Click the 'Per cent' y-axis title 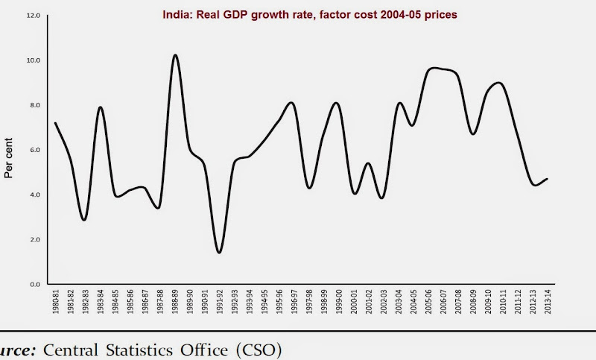coord(10,162)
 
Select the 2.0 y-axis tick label coord(32,239)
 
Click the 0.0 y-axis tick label coord(32,284)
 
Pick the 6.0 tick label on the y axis coord(32,150)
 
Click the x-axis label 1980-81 coord(55,305)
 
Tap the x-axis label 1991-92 coord(220,305)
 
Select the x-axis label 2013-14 coord(548,305)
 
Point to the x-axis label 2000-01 coord(354,305)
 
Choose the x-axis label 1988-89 coord(175,305)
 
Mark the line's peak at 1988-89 coord(174,54)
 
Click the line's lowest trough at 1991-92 coord(219,253)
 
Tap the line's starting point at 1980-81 coord(55,123)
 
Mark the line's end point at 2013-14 coord(548,179)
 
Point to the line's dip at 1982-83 coord(85,220)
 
